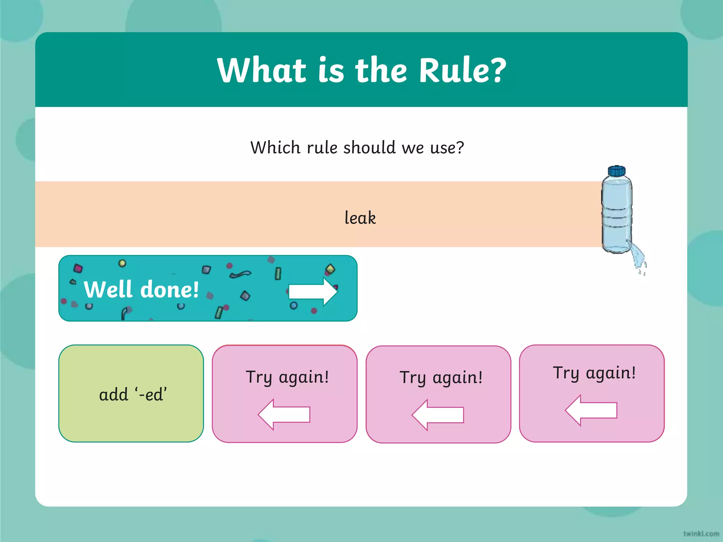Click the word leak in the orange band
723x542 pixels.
pos(360,217)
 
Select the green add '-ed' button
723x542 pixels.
pos(131,393)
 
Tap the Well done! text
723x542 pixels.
pos(141,289)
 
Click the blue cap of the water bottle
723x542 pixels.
pos(616,171)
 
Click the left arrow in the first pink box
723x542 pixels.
pos(284,414)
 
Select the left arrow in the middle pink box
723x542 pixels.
pos(438,415)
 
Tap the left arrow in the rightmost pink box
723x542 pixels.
pos(591,410)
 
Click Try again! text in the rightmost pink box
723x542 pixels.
pos(594,373)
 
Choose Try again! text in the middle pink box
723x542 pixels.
pos(441,378)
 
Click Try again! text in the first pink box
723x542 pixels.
pos(287,377)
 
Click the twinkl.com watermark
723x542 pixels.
pos(701,534)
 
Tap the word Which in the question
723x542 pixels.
pos(275,147)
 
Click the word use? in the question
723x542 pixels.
pos(447,147)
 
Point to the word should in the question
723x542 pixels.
pos(369,147)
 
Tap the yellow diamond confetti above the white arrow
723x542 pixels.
pos(330,269)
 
